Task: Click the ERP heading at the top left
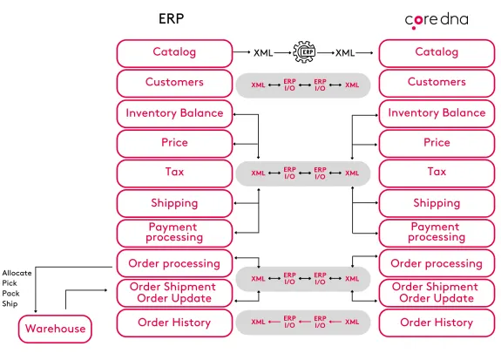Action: pos(171,18)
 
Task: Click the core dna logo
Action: pos(436,19)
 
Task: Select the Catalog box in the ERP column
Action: pos(174,52)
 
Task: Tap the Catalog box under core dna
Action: pos(437,52)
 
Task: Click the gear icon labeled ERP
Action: pos(306,52)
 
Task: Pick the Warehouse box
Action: pos(55,329)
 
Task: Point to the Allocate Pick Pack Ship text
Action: pos(17,289)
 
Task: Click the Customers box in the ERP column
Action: pos(174,83)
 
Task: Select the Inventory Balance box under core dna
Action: pos(437,113)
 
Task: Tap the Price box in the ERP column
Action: pos(174,143)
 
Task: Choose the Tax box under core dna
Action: pos(437,173)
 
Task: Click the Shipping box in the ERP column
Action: pos(174,203)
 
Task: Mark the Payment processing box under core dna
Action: pos(437,233)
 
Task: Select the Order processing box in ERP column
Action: pos(174,263)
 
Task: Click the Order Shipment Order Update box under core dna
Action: pos(437,293)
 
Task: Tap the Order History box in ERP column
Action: pos(174,323)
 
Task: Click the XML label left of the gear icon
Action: pos(263,53)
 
